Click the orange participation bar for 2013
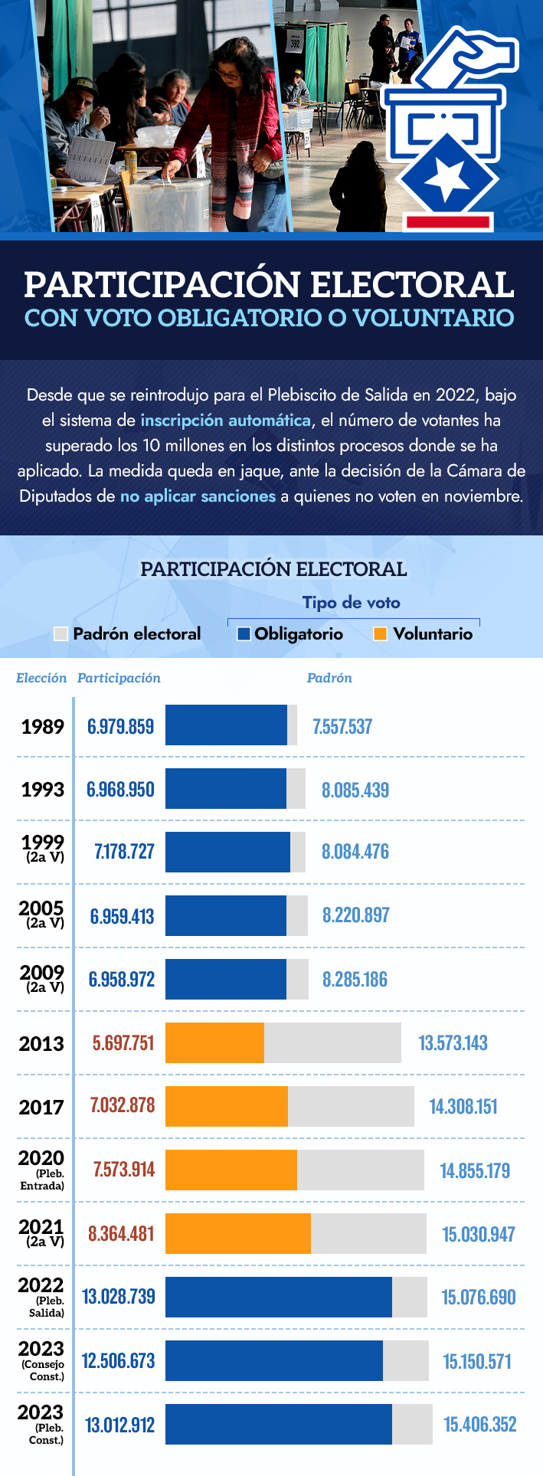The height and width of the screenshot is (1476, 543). click(x=214, y=1042)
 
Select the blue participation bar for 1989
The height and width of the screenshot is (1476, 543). click(x=226, y=725)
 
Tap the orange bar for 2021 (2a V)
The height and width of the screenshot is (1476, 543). click(x=238, y=1233)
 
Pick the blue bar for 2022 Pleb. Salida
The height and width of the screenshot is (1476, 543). click(x=278, y=1297)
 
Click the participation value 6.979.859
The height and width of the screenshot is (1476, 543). click(x=120, y=726)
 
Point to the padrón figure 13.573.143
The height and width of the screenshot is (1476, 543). click(x=453, y=1042)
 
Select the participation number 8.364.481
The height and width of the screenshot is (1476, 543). click(x=121, y=1233)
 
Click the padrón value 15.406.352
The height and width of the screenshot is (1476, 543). click(x=480, y=1424)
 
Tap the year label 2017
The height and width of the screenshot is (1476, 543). click(x=42, y=1107)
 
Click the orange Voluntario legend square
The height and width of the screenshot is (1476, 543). click(x=380, y=633)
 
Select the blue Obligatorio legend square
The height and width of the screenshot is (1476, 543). click(x=244, y=633)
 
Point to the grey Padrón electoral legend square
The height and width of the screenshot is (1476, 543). click(x=61, y=633)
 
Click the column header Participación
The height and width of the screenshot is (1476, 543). click(x=119, y=678)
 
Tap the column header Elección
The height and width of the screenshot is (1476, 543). click(x=41, y=678)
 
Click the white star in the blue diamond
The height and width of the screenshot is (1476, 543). click(x=446, y=179)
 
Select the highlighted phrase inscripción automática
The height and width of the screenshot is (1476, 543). click(x=225, y=421)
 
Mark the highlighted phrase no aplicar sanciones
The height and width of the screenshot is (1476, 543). click(x=198, y=496)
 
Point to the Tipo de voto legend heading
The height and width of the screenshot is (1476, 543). click(x=351, y=603)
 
